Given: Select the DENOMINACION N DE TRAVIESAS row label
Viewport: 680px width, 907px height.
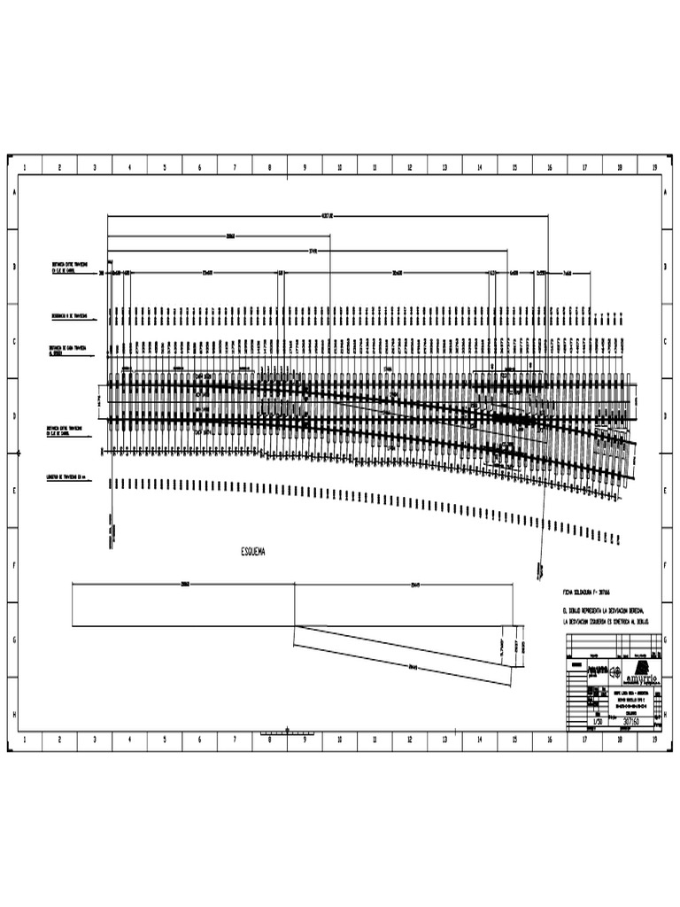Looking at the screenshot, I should coord(69,315).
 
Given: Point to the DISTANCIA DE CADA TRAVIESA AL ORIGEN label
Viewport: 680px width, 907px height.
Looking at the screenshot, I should coord(69,349).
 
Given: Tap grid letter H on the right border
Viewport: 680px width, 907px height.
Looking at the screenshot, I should coord(666,713).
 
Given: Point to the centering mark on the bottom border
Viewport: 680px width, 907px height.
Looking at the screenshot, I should coord(288,731).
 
